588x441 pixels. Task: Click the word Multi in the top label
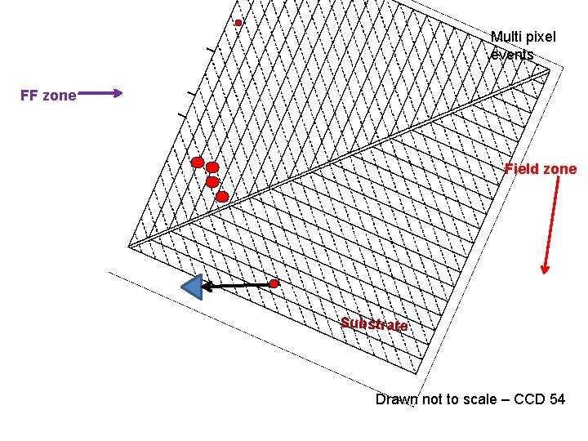coord(506,37)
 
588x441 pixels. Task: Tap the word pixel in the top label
coord(541,37)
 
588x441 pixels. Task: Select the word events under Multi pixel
coord(513,55)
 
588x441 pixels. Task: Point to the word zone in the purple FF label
coord(60,96)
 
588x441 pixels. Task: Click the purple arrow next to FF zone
coord(100,94)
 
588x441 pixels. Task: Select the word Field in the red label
coord(523,170)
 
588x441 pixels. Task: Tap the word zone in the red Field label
coord(560,170)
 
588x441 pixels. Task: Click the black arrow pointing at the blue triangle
coord(237,285)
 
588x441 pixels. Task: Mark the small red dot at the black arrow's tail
coord(274,283)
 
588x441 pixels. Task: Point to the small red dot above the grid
coord(238,23)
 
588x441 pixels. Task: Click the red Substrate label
coord(374,324)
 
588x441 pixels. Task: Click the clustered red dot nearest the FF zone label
coord(197,163)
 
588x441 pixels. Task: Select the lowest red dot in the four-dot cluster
coord(222,196)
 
